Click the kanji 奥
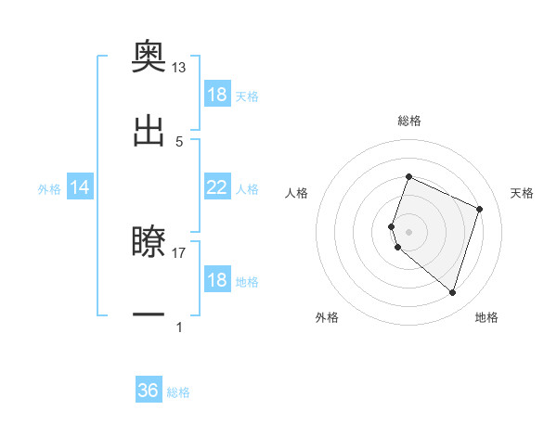(x=149, y=59)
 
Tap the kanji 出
(x=149, y=131)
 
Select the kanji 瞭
(x=149, y=243)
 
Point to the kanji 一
(x=149, y=314)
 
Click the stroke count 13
(x=178, y=69)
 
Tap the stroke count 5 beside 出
(x=179, y=141)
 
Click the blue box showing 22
(x=217, y=187)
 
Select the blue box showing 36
(x=149, y=391)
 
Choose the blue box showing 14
(x=80, y=187)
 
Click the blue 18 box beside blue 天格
(x=217, y=95)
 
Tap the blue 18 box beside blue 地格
(x=217, y=281)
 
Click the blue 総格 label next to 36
(x=178, y=392)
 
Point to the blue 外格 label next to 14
(x=49, y=189)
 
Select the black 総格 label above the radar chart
(x=409, y=121)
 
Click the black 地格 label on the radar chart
(x=486, y=317)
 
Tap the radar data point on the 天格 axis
(x=479, y=209)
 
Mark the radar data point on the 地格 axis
(x=452, y=292)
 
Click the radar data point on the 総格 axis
(x=408, y=177)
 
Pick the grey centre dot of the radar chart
(x=408, y=231)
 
